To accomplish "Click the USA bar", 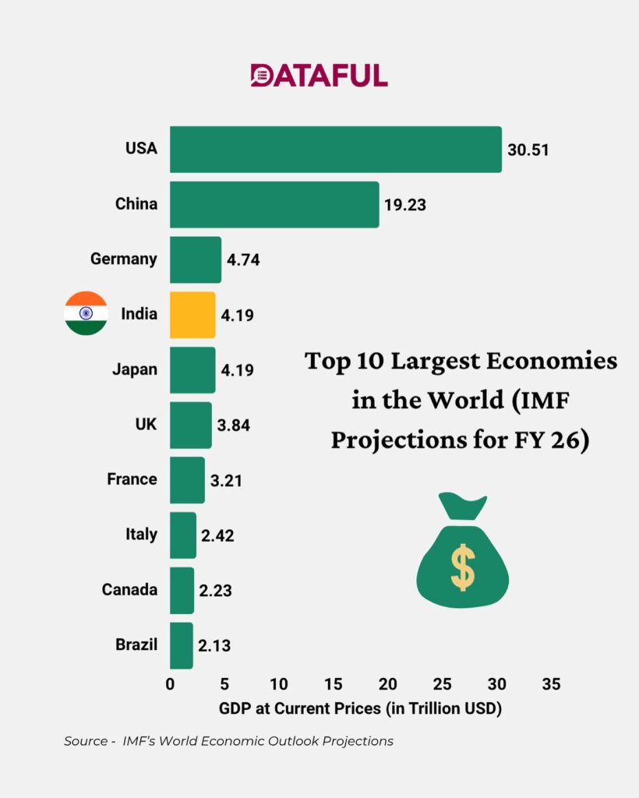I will (x=335, y=149).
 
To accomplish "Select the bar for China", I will (x=274, y=204).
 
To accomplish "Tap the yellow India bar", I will (x=192, y=315).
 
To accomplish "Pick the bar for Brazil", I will (x=181, y=645).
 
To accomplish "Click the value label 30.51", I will (x=528, y=150).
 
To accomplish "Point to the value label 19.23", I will (x=405, y=205).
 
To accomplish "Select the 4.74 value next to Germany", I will (x=243, y=260).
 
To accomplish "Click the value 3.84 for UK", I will (x=233, y=425).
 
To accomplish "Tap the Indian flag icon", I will (x=86, y=313).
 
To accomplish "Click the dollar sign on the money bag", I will (x=462, y=567).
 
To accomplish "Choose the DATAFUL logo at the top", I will (x=319, y=76).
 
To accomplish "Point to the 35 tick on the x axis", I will (x=550, y=685).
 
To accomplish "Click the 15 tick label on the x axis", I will (x=333, y=685).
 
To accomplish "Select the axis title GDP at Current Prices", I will (x=360, y=709).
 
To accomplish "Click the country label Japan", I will (x=135, y=369).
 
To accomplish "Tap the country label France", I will (x=132, y=479).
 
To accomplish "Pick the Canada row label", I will (x=129, y=590).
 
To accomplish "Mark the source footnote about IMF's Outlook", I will (x=228, y=741).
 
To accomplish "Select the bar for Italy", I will (x=183, y=535).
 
